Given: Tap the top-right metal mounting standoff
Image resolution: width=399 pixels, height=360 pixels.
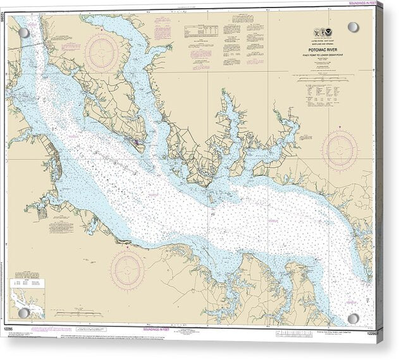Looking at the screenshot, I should [353, 27].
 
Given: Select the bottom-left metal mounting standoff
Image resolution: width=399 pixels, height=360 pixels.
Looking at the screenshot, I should [24, 313].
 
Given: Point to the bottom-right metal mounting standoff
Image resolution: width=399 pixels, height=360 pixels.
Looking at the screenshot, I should [353, 319].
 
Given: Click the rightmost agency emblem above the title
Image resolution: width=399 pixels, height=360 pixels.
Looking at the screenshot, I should [333, 33].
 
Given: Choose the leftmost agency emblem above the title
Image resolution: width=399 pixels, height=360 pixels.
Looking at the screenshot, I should [318, 33].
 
